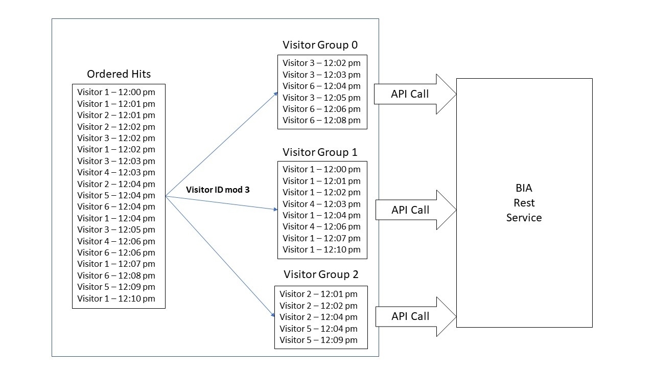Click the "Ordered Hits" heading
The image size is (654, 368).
(119, 74)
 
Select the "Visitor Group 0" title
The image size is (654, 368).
(320, 45)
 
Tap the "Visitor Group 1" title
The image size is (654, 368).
(320, 152)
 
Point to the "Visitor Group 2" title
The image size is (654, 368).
(321, 274)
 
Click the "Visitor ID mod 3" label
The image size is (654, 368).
(218, 190)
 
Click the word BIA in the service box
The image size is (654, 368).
(524, 188)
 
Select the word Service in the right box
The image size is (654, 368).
(524, 218)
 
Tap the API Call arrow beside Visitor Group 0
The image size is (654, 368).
(414, 94)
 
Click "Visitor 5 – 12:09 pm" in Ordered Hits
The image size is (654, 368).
(116, 287)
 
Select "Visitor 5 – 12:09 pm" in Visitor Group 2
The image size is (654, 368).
(318, 340)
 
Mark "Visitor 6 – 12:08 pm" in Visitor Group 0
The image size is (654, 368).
(321, 120)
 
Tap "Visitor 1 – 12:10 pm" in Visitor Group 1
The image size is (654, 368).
(321, 249)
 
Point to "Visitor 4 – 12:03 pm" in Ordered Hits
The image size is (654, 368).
(116, 172)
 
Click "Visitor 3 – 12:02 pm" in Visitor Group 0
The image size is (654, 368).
(321, 63)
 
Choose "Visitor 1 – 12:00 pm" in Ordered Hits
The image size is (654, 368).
(116, 92)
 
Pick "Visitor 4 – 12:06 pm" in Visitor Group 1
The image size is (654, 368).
(321, 226)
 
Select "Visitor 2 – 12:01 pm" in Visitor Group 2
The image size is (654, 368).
(318, 294)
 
